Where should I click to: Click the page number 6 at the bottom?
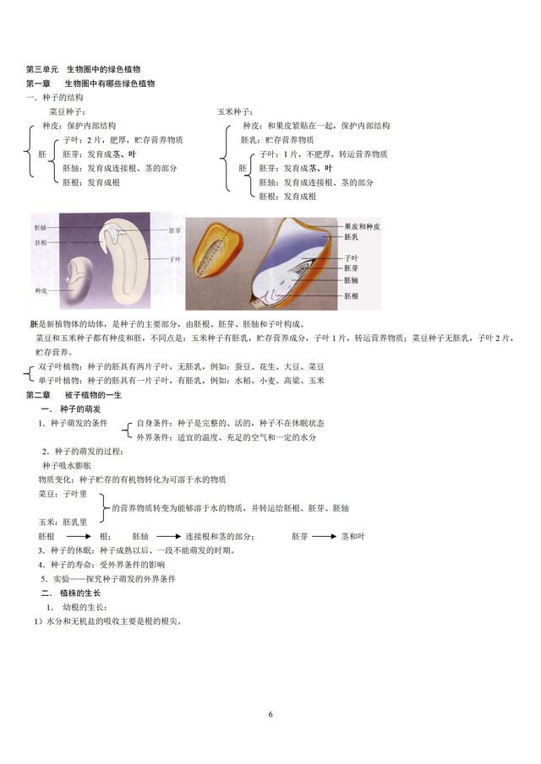tap(270, 715)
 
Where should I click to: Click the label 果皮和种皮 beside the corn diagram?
tap(363, 227)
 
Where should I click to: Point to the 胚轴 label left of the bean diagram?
tap(41, 228)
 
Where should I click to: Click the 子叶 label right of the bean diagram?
tap(176, 259)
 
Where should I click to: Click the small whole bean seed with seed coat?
tap(81, 279)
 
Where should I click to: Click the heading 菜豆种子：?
tap(67, 111)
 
